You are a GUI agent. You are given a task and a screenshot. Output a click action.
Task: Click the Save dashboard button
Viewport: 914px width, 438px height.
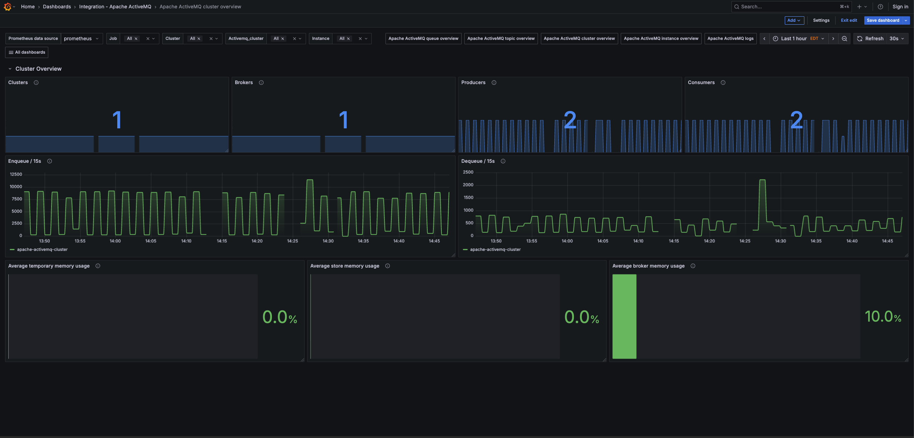coord(882,20)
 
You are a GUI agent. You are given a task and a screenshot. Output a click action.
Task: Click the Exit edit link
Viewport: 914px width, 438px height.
coord(848,20)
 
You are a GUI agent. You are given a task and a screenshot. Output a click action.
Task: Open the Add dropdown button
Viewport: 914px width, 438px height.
coord(794,20)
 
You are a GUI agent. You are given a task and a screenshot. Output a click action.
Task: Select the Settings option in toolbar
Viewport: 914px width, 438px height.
coord(821,20)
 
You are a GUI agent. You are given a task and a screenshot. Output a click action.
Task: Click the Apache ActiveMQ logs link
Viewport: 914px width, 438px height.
coord(730,38)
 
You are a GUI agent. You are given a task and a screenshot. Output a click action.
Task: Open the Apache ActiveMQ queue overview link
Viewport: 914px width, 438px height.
coord(423,38)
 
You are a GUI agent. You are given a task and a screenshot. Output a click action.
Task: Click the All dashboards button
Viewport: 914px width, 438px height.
coord(27,52)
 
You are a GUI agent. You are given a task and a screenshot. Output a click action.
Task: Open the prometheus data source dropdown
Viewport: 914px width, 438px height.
coord(81,38)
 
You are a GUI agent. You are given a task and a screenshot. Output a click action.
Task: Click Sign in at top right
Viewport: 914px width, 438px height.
coord(900,7)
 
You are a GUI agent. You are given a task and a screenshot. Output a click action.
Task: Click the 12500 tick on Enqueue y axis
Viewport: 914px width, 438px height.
coord(16,174)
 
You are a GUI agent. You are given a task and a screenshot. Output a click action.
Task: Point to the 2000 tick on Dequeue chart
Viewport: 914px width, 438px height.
coord(468,185)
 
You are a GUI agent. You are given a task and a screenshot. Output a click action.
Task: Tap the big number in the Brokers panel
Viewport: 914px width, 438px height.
coord(343,120)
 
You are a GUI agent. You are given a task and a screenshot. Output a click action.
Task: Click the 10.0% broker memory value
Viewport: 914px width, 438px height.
coord(883,317)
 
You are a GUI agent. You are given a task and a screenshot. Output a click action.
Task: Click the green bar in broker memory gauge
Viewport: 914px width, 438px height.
coord(624,316)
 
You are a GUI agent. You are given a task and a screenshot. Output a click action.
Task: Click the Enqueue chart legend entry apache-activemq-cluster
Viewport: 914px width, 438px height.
coord(42,249)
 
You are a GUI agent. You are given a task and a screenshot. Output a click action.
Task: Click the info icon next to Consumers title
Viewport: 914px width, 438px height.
coord(723,83)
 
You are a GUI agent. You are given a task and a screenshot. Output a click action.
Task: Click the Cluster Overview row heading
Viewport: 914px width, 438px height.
coord(38,69)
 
